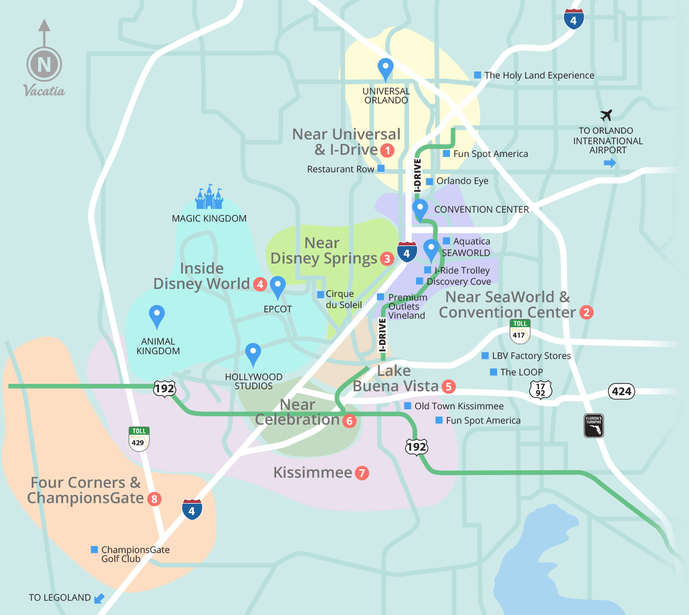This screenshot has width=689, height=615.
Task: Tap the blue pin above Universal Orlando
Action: pos(385,69)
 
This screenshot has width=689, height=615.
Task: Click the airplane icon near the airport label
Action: pos(606,115)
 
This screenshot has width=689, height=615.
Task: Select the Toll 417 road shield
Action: pos(519,331)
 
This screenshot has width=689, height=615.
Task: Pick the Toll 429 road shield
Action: pos(139,438)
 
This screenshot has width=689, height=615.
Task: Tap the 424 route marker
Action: pos(621,391)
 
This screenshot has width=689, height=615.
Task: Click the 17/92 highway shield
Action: pos(540,390)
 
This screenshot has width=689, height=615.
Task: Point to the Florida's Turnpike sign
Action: pos(594,426)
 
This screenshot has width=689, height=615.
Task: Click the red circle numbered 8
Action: pos(154,499)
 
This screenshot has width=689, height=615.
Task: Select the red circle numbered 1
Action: pos(387,151)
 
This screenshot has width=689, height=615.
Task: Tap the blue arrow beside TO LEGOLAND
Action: pos(99,598)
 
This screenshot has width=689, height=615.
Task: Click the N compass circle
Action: pos(45,65)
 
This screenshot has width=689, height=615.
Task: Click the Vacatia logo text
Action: pos(45,91)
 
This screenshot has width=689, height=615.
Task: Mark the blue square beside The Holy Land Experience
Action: pos(478,75)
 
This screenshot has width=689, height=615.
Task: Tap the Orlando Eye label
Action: pos(462,181)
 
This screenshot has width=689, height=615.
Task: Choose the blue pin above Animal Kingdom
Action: pos(156,316)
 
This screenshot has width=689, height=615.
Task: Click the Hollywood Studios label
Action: pos(253,381)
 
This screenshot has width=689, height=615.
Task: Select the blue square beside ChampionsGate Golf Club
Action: pos(94,549)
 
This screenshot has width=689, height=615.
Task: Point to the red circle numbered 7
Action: pos(362,473)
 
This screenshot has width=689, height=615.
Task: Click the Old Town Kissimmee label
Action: pos(459,406)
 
